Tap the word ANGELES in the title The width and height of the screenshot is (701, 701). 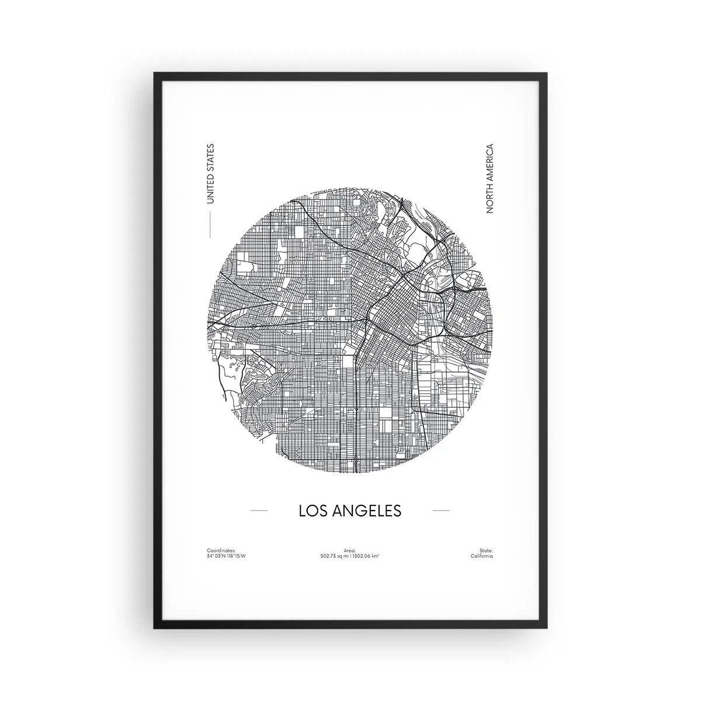coord(367,510)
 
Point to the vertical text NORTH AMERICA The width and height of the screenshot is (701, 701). coord(490,178)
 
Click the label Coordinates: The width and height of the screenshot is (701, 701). coord(221,550)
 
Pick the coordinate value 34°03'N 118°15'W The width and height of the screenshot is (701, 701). coord(227,556)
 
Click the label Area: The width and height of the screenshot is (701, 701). coord(350,550)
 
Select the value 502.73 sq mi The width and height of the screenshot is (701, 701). coord(334,556)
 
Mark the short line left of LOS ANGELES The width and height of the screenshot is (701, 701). coord(258,511)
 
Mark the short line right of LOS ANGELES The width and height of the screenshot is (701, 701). coord(440,511)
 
